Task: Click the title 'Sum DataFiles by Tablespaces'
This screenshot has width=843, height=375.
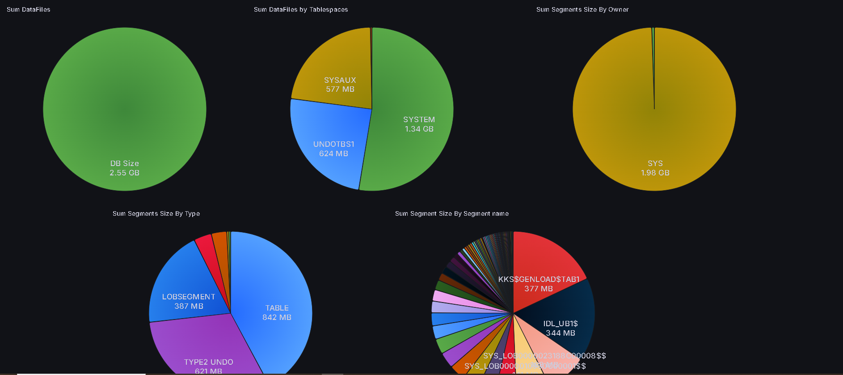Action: coord(300,9)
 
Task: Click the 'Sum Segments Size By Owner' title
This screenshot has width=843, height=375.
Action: coord(582,9)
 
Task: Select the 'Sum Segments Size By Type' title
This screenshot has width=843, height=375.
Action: coord(156,213)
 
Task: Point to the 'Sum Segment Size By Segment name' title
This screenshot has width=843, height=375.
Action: coord(451,213)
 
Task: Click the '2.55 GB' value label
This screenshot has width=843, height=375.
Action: coord(124,173)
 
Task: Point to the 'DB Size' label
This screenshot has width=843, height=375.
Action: coord(124,163)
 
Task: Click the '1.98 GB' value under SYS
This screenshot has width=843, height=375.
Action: coord(655,173)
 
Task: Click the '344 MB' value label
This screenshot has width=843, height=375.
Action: coord(560,333)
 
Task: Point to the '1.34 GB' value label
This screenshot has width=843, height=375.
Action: coord(419,129)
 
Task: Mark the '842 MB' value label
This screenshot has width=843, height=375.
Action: coord(277,317)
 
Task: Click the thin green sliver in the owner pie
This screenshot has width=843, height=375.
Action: coord(653,45)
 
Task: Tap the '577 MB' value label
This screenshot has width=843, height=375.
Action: coord(340,89)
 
